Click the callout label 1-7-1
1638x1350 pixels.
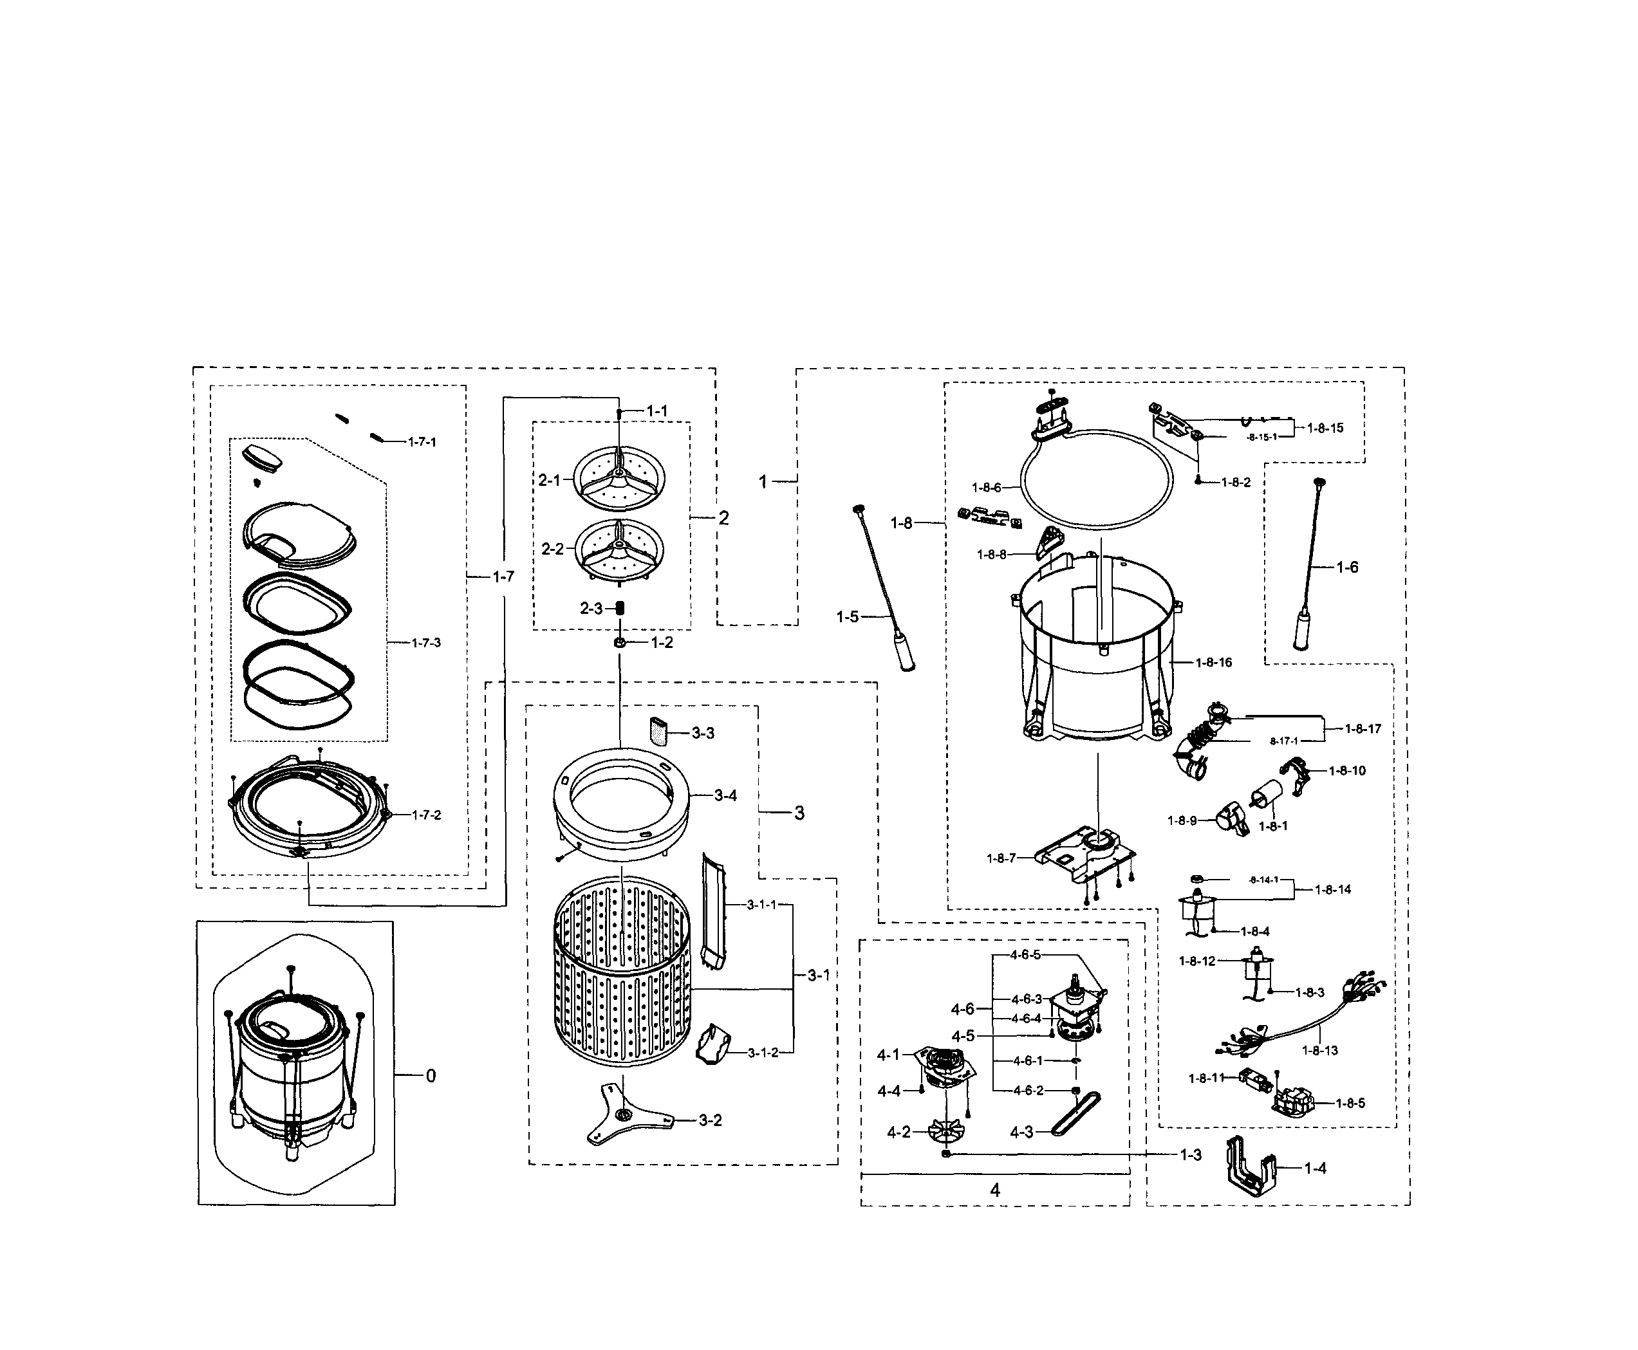tap(422, 441)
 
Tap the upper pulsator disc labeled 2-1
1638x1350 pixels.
tap(619, 477)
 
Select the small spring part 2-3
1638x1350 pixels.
tap(620, 607)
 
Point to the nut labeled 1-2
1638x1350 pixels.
tap(620, 642)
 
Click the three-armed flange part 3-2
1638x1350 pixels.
tap(623, 1116)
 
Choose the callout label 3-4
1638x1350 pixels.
tap(725, 795)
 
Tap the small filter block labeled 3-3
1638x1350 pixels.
tap(658, 731)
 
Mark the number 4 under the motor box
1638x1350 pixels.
tap(995, 1189)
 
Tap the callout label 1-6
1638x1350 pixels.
tap(1347, 567)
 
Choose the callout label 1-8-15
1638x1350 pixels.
tap(1325, 428)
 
